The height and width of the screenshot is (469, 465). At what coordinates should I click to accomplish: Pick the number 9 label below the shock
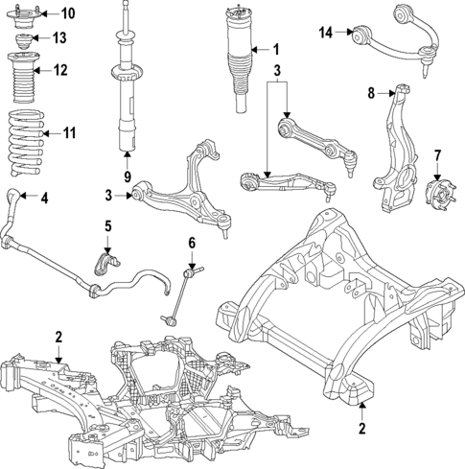pos(126,176)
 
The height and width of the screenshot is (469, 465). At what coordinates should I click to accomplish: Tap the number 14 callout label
pos(326,34)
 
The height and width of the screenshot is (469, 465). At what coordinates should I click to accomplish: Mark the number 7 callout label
pos(437,154)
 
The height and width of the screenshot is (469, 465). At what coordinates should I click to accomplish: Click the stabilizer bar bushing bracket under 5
pos(107,263)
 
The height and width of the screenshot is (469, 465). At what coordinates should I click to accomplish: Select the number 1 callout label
pos(275,50)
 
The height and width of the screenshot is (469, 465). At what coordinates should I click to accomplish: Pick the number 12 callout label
pos(60,70)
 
